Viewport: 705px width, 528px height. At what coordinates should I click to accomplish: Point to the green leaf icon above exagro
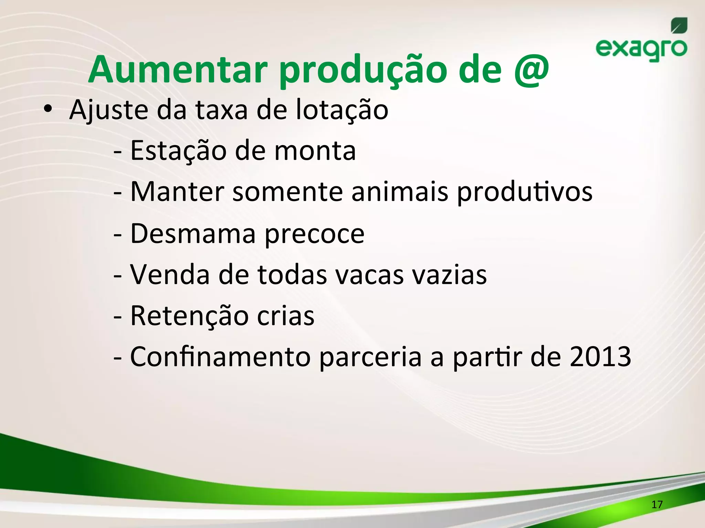pyautogui.click(x=679, y=26)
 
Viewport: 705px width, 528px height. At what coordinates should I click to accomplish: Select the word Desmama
pyautogui.click(x=193, y=234)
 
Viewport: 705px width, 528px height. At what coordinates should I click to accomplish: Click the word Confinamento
pyautogui.click(x=220, y=357)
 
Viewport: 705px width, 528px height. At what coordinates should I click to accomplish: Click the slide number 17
pyautogui.click(x=657, y=505)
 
